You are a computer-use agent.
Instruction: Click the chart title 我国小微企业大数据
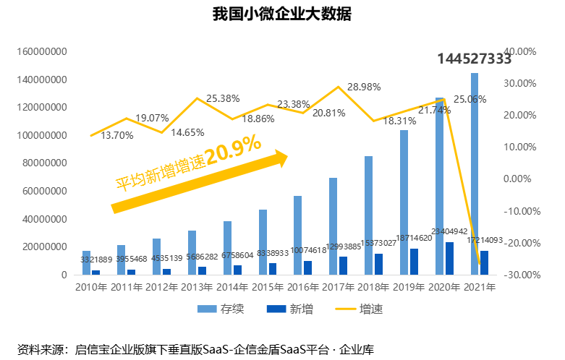coord(281,14)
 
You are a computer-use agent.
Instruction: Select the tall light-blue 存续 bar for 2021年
coord(475,173)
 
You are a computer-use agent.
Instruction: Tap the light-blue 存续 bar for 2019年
coord(404,202)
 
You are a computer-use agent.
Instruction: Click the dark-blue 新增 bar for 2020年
coord(449,258)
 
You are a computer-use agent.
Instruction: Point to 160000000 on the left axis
coord(41,52)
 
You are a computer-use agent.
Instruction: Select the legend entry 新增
coord(292,309)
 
